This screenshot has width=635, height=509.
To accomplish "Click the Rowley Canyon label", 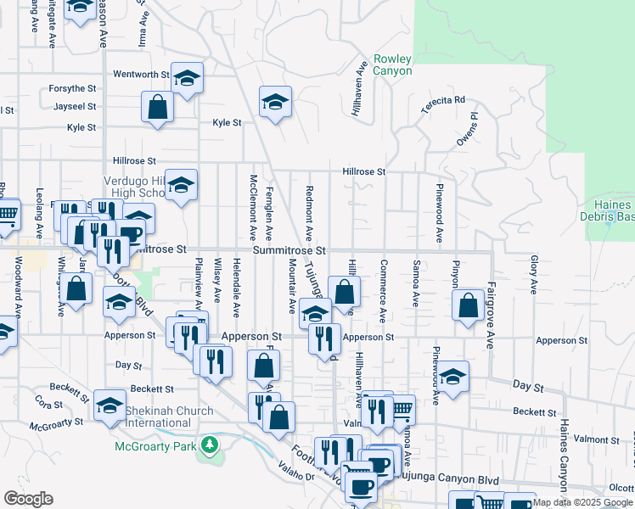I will tap(392, 64).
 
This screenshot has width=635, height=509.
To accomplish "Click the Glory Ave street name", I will tap(534, 275).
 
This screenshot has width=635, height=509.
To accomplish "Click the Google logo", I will tap(28, 498).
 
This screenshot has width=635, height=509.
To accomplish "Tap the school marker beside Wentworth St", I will tap(187, 80).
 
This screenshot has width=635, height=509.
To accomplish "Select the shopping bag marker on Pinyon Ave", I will tap(468, 306).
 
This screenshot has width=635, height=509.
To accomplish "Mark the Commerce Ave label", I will tap(383, 291).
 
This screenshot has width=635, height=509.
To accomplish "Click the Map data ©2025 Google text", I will tap(582, 502).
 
